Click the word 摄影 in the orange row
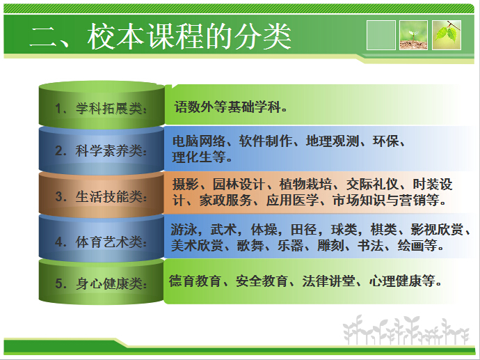[185, 185]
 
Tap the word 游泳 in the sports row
[185, 230]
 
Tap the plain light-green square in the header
[381, 35]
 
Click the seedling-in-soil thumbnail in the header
[413, 35]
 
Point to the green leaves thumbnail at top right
[447, 35]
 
